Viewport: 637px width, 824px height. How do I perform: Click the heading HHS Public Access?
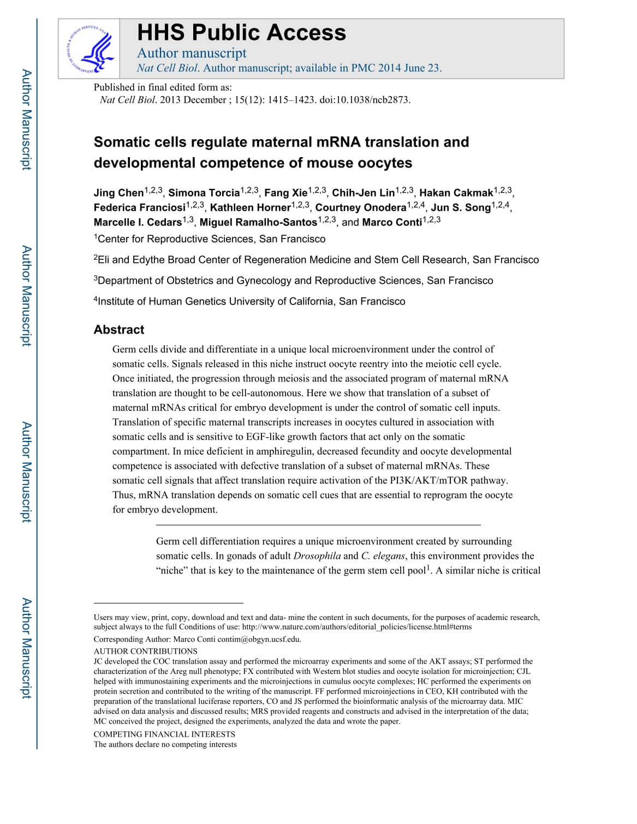coord(241,33)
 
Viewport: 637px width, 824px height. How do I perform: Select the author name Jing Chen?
coord(118,193)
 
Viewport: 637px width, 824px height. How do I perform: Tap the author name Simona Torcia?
coord(204,193)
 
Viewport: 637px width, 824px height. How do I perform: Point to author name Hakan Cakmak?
coord(456,193)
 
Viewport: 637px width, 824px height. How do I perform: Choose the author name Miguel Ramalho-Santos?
coord(258,223)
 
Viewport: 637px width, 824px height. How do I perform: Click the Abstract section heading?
coord(119,330)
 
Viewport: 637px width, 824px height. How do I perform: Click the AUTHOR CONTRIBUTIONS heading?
coord(146,651)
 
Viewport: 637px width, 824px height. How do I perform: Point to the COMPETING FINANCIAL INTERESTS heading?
coord(164,734)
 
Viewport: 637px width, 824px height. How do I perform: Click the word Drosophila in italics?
coord(317,556)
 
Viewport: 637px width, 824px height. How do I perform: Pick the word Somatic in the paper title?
coord(120,142)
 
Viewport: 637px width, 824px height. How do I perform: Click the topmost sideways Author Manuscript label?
coord(26,120)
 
